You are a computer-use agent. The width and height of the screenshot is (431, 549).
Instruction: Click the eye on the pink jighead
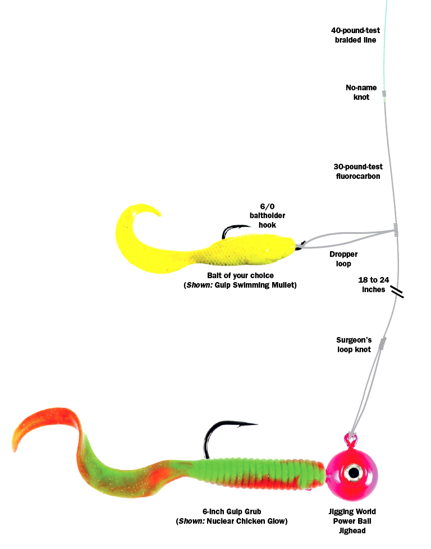(354, 473)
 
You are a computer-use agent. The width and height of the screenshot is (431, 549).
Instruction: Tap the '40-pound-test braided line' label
(355, 35)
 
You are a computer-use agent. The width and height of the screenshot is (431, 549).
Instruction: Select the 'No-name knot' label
(361, 92)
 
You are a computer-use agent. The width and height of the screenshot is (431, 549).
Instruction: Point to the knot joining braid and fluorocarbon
(384, 94)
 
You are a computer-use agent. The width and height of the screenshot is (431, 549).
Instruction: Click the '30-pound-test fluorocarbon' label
(358, 171)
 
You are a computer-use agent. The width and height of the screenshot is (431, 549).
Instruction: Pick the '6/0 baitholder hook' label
(267, 216)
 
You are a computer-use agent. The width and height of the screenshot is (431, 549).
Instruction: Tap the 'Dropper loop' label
(343, 259)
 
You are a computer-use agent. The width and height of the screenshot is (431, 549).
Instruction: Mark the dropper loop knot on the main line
(396, 230)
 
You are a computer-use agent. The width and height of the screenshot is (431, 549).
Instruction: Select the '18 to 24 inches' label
(374, 285)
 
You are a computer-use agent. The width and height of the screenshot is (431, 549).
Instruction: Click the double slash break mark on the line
(397, 292)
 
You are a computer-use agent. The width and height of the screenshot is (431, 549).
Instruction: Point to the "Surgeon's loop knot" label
(354, 344)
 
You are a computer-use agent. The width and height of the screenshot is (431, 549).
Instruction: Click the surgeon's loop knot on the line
(383, 343)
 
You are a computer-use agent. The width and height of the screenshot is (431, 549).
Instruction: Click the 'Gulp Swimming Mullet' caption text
(256, 285)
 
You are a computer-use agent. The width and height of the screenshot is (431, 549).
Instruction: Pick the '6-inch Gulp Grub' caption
(232, 511)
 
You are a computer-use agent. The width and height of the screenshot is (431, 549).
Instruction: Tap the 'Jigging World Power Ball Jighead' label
(352, 521)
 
